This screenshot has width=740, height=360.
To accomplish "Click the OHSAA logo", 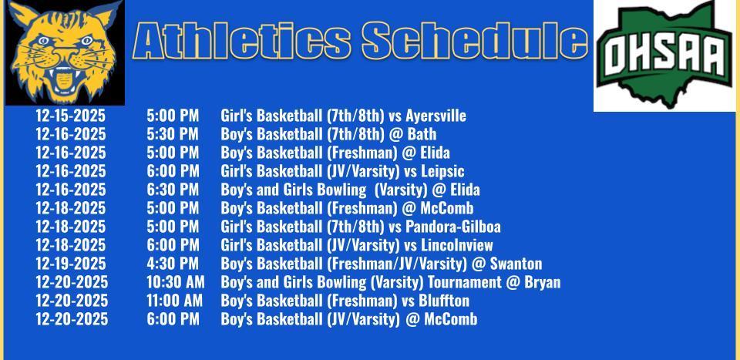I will click(665, 56).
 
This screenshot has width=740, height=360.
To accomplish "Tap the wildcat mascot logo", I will click(65, 52).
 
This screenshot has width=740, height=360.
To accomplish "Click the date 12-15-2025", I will click(70, 116).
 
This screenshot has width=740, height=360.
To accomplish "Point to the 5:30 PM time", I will click(173, 135).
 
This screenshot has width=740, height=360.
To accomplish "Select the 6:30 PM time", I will click(173, 190).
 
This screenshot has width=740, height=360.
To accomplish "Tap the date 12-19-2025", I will click(70, 264).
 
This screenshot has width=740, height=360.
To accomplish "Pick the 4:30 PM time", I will click(173, 264).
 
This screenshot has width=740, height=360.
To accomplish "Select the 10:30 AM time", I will click(176, 282).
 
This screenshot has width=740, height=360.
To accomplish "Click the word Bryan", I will click(543, 282).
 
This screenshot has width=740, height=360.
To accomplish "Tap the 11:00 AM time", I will click(175, 301).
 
